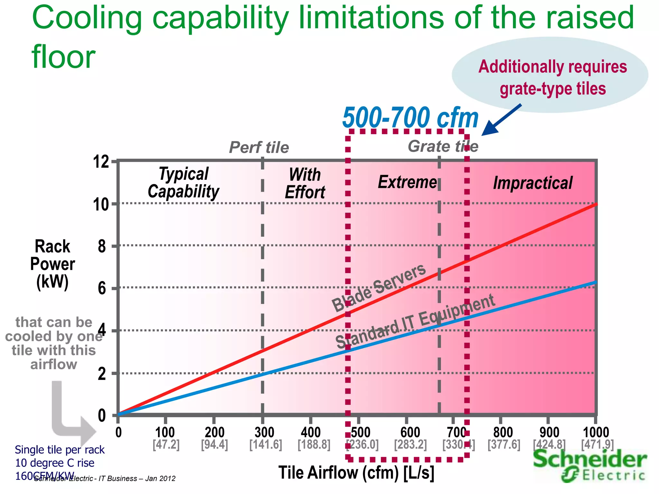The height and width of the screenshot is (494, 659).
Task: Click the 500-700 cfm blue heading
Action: click(410, 118)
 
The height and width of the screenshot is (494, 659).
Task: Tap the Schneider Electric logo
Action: click(589, 465)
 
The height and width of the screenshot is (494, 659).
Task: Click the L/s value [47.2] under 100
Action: click(166, 445)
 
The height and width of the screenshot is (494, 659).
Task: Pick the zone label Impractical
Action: click(533, 183)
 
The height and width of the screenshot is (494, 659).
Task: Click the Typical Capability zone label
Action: click(183, 183)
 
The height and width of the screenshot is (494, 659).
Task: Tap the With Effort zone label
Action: click(305, 184)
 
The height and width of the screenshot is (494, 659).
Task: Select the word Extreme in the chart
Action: click(407, 182)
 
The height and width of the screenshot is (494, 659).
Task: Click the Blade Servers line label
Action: click(379, 288)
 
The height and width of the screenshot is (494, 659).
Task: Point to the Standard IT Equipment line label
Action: click(415, 322)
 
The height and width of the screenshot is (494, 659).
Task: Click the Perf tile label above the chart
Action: click(259, 148)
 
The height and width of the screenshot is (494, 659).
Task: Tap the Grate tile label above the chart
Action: click(443, 147)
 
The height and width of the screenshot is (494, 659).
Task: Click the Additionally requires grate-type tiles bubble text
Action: click(552, 78)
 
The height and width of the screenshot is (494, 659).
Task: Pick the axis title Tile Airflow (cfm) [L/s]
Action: click(356, 473)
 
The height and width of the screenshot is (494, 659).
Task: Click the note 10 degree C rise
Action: click(55, 463)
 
